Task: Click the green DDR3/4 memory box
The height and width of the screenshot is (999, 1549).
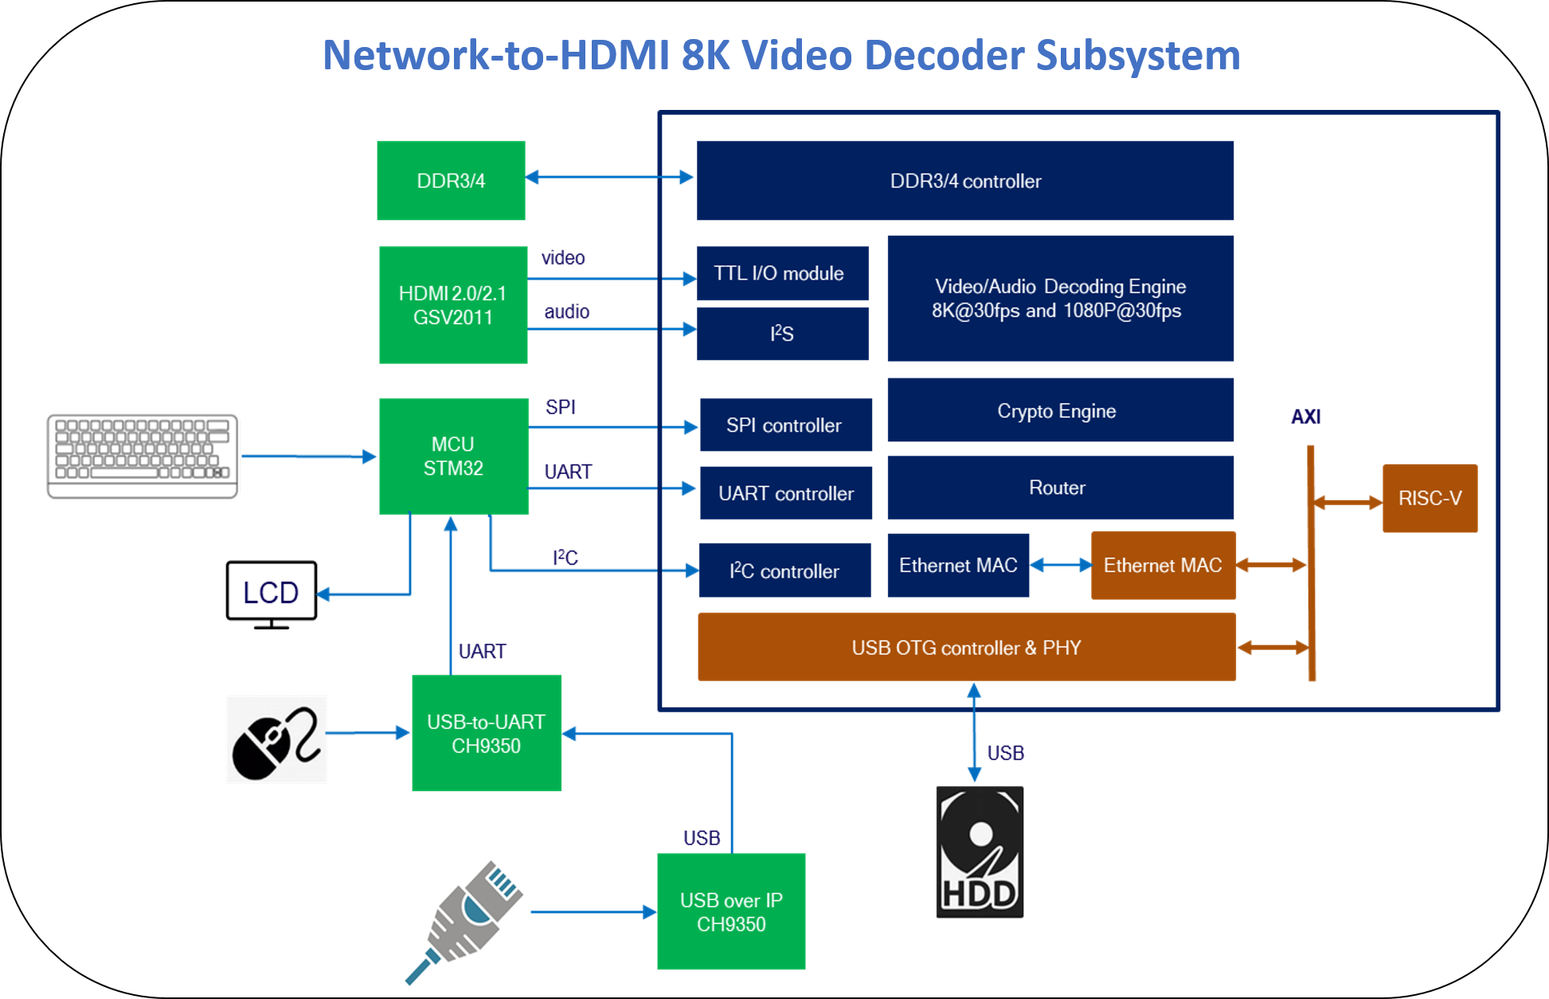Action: pyautogui.click(x=451, y=180)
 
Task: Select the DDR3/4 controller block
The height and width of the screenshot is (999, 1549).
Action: pyautogui.click(x=964, y=180)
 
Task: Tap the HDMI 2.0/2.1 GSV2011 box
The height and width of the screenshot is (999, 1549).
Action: pyautogui.click(x=453, y=304)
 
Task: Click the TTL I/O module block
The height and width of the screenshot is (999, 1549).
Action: pyautogui.click(x=782, y=273)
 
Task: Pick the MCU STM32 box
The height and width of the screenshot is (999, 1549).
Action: pyautogui.click(x=453, y=456)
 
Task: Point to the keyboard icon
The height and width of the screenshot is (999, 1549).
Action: pyautogui.click(x=143, y=456)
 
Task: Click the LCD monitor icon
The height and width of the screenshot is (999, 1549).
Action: pyautogui.click(x=272, y=594)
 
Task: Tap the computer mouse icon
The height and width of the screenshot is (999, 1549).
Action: pyautogui.click(x=276, y=740)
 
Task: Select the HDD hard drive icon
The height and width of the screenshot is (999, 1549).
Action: pyautogui.click(x=980, y=852)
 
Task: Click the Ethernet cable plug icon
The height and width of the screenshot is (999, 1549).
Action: pyautogui.click(x=465, y=921)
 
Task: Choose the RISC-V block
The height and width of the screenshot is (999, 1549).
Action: pyautogui.click(x=1430, y=498)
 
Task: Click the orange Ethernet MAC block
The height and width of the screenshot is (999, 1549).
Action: pyautogui.click(x=1163, y=566)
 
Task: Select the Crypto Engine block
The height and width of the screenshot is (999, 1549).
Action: pyautogui.click(x=1060, y=410)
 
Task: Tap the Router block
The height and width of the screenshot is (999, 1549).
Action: pyautogui.click(x=1060, y=488)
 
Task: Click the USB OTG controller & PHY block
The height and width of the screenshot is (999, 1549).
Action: pyautogui.click(x=966, y=647)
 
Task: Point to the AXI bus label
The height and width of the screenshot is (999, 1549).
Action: pyautogui.click(x=1305, y=417)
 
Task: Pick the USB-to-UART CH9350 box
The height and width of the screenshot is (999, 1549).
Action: pyautogui.click(x=487, y=733)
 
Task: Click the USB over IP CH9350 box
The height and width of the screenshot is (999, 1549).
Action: pyautogui.click(x=731, y=911)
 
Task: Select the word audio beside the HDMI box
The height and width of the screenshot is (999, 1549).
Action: pyautogui.click(x=567, y=311)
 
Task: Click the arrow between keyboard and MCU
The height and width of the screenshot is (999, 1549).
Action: pyautogui.click(x=309, y=456)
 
